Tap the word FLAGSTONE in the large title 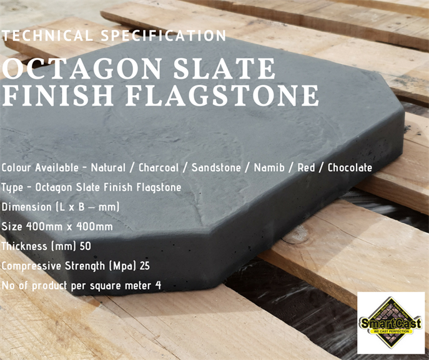tap(222, 96)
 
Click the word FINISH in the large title tap(57, 96)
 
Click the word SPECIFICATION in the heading tap(164, 36)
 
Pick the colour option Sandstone tap(216, 167)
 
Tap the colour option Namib tap(269, 167)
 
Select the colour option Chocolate tap(350, 167)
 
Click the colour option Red tap(306, 167)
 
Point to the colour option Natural tap(108, 167)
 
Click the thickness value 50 tap(85, 246)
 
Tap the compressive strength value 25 tap(144, 266)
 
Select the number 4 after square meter tap(158, 286)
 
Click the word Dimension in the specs tap(26, 207)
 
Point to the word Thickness tap(24, 246)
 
